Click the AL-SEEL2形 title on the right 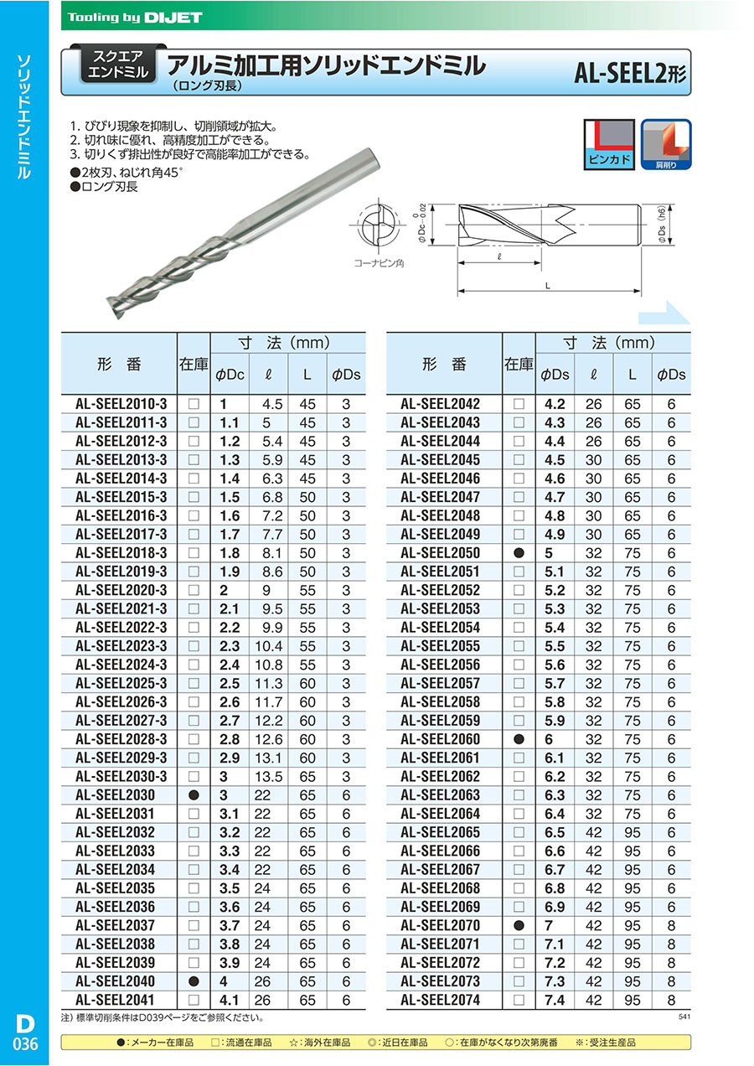(629, 75)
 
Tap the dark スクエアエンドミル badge (117, 65)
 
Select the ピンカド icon (609, 142)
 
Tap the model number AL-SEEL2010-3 (121, 403)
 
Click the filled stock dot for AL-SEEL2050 (519, 553)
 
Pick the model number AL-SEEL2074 (440, 1000)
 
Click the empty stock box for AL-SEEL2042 (519, 404)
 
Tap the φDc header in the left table (230, 375)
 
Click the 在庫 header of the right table (519, 365)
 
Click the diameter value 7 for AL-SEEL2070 (549, 925)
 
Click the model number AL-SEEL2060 (440, 739)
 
